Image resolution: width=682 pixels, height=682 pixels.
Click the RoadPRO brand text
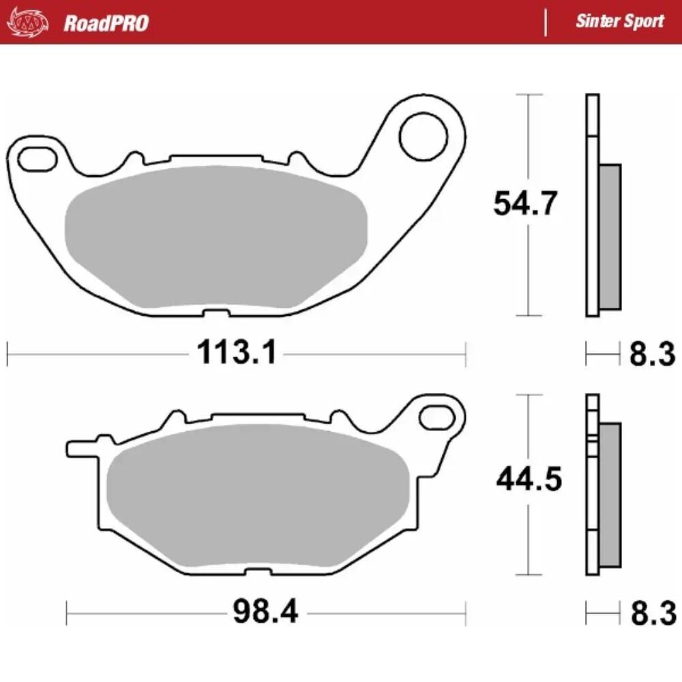(106, 23)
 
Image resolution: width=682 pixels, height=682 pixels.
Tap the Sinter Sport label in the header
(619, 21)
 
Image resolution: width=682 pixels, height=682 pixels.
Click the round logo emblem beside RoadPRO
(27, 22)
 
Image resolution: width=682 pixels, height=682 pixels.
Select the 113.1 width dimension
(237, 353)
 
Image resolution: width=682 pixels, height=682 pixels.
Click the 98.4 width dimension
(265, 612)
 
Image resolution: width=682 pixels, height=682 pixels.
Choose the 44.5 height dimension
(529, 480)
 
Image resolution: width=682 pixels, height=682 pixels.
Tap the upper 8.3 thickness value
(651, 354)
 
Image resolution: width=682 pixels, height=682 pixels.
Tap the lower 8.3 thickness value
(651, 612)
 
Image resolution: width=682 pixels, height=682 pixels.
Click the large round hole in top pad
(423, 136)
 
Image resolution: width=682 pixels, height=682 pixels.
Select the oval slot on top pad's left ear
(37, 158)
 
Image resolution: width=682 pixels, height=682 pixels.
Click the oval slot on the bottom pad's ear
(436, 416)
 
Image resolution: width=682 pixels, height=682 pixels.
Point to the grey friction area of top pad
(215, 235)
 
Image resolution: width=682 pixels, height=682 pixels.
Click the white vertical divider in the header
(545, 22)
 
